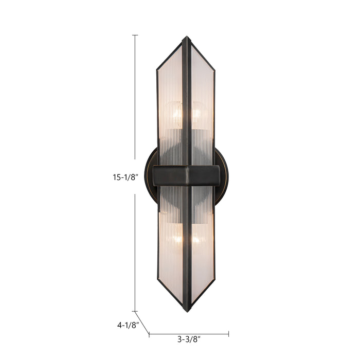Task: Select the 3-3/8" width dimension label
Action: [189, 339]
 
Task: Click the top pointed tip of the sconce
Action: [186, 38]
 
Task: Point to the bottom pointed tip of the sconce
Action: [187, 311]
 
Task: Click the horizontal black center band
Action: [186, 175]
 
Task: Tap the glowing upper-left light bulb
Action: [175, 114]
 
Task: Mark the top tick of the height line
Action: [135, 35]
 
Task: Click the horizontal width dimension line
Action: [189, 334]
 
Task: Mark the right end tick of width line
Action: [229, 334]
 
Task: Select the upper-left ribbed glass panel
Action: [170, 93]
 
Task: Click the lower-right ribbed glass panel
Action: [202, 257]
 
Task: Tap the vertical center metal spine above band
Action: [186, 103]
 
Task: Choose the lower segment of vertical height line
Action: [135, 252]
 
